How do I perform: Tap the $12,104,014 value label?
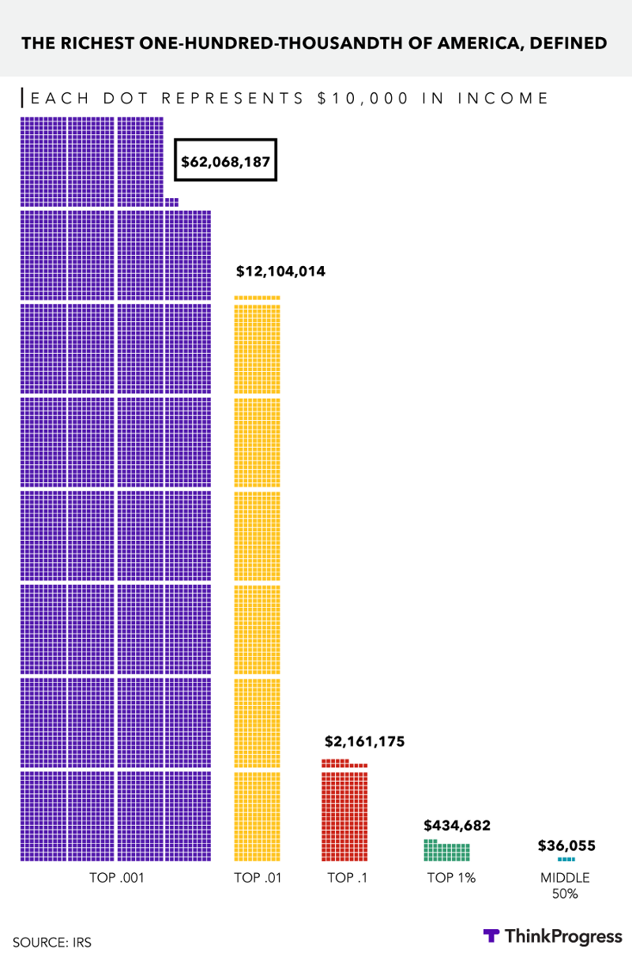point(280,272)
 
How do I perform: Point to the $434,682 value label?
point(457,826)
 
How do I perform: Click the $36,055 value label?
point(566,845)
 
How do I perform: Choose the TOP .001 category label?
point(115,877)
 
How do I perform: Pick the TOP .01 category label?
point(258,877)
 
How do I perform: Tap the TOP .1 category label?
point(347,877)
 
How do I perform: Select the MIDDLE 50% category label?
point(565,885)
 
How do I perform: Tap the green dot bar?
point(446,852)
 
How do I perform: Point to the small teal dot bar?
point(566,859)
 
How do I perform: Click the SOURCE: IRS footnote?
point(47,942)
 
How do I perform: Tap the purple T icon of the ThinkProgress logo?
point(491,936)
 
